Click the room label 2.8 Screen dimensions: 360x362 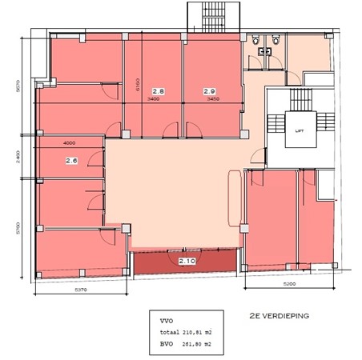pos(159,92)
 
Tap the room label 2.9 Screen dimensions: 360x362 pos(210,92)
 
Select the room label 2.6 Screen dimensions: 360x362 pos(71,160)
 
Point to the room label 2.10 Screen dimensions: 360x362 pos(187,262)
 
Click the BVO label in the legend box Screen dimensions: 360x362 pos(167,346)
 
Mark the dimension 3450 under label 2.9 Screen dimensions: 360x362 pos(211,100)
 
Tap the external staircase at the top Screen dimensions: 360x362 pos(212,15)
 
